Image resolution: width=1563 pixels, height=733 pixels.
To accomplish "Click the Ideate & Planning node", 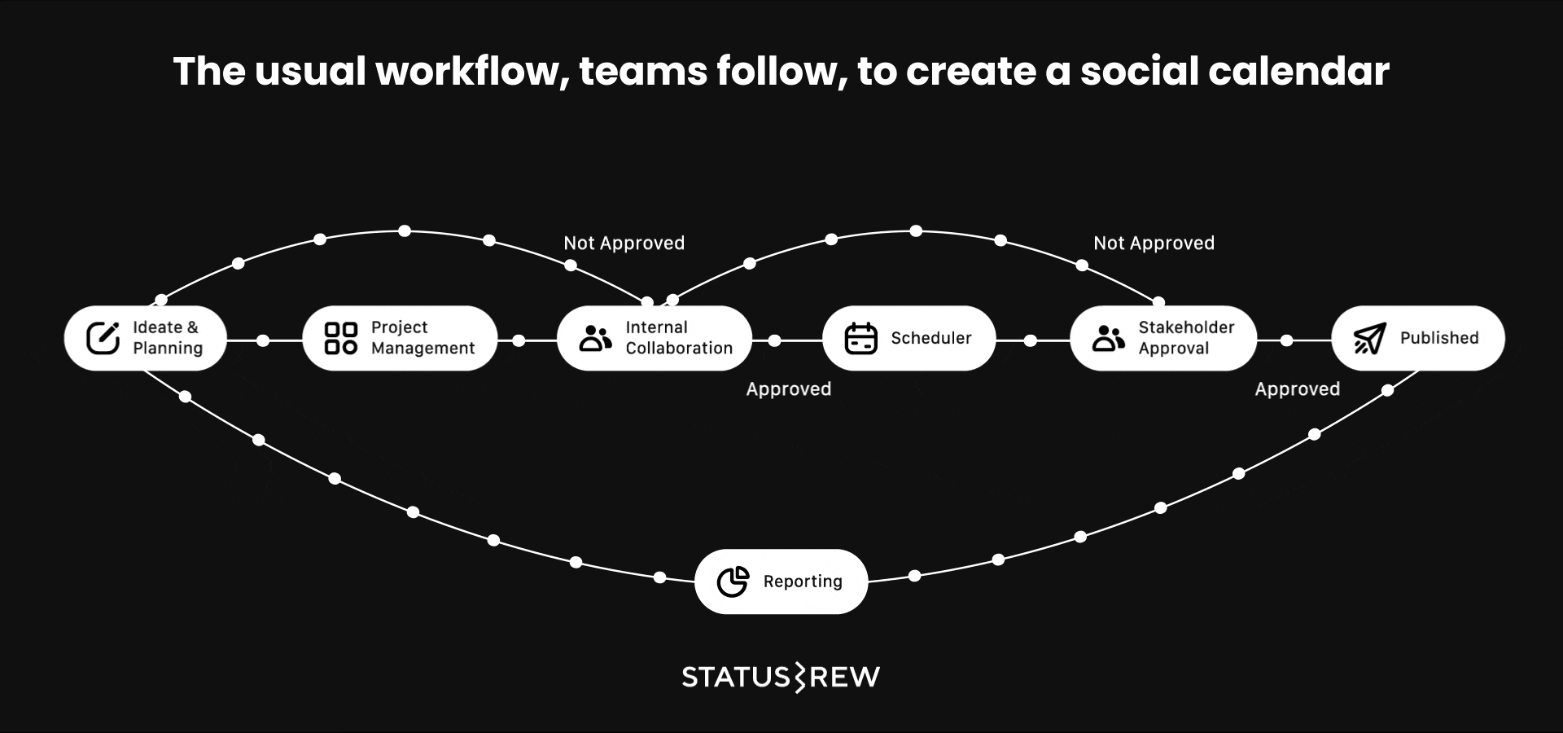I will click(145, 338).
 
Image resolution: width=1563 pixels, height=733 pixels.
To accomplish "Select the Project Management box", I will click(399, 338).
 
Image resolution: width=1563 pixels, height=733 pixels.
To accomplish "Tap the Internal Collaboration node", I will click(654, 338).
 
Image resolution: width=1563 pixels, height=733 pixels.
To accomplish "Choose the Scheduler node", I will click(908, 338).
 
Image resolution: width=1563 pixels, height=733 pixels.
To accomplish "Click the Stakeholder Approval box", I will click(1162, 338).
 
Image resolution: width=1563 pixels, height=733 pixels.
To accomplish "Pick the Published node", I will click(1417, 338).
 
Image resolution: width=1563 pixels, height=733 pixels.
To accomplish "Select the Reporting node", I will click(781, 582).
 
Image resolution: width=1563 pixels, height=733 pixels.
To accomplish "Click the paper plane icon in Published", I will click(1369, 338).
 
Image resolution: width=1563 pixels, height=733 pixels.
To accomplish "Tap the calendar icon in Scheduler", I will click(860, 338).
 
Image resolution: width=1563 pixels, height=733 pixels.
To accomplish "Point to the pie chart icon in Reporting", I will click(733, 582).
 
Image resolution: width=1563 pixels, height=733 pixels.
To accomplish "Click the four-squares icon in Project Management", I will click(340, 338).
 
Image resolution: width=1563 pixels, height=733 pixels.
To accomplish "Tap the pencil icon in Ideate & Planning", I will click(103, 338).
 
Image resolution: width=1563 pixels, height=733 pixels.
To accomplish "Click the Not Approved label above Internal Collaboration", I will click(624, 243).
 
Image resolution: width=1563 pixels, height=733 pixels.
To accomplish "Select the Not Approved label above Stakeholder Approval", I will click(1154, 243).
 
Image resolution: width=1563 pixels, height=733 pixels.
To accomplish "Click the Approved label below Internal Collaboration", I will click(788, 389).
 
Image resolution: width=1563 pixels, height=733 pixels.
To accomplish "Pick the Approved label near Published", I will click(1297, 389).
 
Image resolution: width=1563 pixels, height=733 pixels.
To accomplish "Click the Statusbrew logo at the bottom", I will click(781, 677).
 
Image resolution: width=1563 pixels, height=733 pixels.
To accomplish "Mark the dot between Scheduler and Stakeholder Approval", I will click(1031, 340).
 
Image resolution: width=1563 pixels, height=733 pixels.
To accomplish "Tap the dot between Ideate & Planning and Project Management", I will click(263, 340).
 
